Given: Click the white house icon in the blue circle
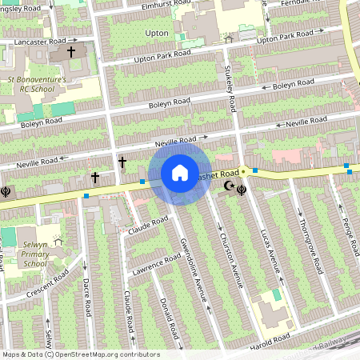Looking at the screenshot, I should click(180, 173).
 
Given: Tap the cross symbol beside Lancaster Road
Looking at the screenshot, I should click(70, 52).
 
